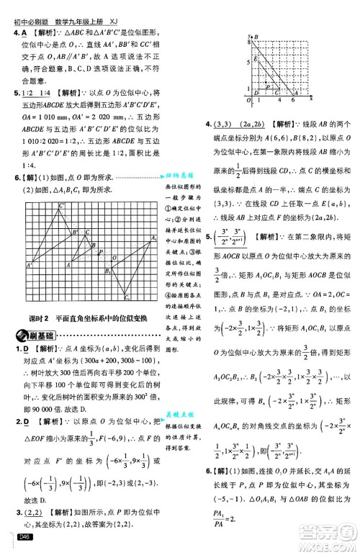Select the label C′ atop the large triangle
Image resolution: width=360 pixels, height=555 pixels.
pos(62,206)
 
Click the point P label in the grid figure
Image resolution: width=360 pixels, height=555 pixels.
pos(101,253)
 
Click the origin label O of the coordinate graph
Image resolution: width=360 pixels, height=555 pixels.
pos(247,99)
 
